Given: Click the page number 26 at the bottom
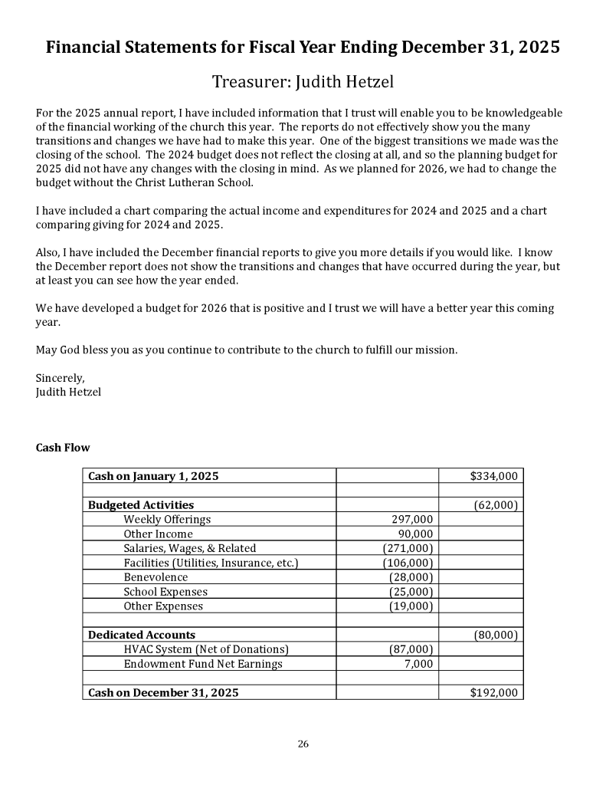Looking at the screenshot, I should tap(303, 744).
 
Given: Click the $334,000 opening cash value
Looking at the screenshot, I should tap(493, 476).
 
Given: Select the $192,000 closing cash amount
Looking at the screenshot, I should tap(493, 693).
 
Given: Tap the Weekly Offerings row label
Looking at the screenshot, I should tap(167, 520).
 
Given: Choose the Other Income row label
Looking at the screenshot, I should tap(158, 534).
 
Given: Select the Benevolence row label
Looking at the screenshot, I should tap(156, 577).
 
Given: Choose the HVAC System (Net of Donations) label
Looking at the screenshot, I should tap(206, 649).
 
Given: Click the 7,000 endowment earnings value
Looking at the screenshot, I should tap(419, 664).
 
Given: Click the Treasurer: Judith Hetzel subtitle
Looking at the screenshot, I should tap(303, 80).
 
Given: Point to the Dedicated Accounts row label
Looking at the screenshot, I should tap(142, 635).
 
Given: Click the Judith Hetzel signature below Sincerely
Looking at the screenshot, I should tap(68, 392).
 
